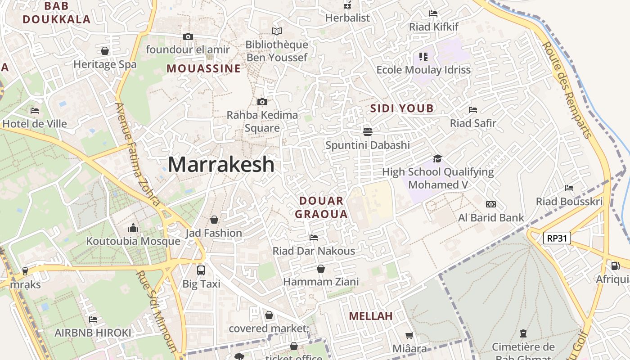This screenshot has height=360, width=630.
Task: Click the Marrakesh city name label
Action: coord(221,165)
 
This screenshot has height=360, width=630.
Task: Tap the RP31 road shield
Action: coord(557,238)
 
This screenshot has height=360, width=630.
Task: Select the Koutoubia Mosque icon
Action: coord(133,228)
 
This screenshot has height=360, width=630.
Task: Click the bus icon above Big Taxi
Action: coord(201,270)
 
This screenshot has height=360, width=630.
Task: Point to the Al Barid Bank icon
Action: coord(491,204)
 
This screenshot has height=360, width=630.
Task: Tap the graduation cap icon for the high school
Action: coord(437,158)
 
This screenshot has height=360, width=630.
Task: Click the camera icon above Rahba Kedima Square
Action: coord(262,102)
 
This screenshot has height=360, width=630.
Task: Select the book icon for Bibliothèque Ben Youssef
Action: coord(276,31)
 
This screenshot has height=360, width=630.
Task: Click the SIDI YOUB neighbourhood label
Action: coord(402,108)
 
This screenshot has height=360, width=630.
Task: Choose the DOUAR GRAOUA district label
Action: coord(321,207)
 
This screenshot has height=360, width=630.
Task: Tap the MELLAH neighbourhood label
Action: coord(371,316)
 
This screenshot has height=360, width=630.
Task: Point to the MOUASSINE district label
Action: coord(204,69)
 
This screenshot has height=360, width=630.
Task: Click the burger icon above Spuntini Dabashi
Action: coord(368,131)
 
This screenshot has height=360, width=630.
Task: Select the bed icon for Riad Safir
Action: coord(472,110)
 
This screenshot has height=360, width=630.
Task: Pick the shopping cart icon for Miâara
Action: coord(409,335)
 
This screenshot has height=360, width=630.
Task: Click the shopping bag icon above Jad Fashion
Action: coord(214,220)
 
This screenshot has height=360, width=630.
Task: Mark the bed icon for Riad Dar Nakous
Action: coord(314,237)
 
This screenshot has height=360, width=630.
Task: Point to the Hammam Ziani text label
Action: coord(321,282)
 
